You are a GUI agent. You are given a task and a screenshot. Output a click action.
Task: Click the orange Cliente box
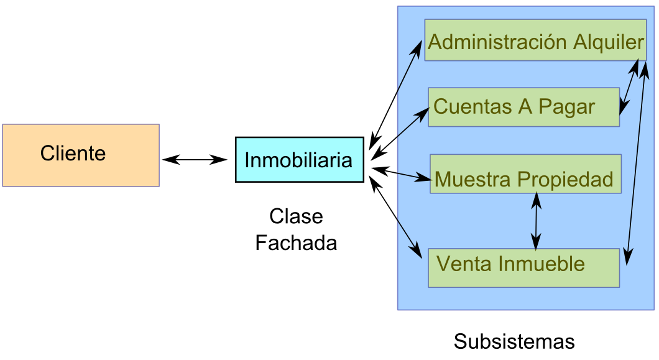(81, 155)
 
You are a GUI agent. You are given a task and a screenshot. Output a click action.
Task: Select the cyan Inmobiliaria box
(299, 160)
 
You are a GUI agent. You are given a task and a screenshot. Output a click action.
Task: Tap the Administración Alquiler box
(535, 41)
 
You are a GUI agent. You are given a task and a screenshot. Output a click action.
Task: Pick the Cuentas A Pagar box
(523, 107)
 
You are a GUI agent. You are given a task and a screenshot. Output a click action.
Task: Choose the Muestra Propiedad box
(525, 173)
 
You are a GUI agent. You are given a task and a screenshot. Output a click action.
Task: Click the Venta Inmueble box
(523, 268)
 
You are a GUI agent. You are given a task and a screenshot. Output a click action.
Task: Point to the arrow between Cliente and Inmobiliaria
(195, 160)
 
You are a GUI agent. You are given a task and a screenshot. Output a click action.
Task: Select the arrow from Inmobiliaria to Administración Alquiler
(397, 93)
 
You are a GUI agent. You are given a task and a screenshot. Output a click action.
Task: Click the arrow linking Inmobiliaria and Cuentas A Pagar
(403, 131)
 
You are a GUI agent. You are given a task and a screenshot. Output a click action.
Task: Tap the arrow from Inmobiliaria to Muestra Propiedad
(401, 173)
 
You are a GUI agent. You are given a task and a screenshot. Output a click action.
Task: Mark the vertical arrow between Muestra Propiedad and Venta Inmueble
(536, 221)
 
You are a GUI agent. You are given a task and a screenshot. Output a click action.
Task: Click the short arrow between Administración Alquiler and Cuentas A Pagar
(629, 87)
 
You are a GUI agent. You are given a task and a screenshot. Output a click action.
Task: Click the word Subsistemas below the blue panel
(514, 341)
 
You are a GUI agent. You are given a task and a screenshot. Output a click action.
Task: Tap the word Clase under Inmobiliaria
(296, 216)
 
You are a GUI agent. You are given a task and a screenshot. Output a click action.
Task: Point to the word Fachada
(296, 242)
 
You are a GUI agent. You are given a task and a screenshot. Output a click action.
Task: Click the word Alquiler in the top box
(608, 42)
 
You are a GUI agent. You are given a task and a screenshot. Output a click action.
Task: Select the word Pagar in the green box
(566, 107)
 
